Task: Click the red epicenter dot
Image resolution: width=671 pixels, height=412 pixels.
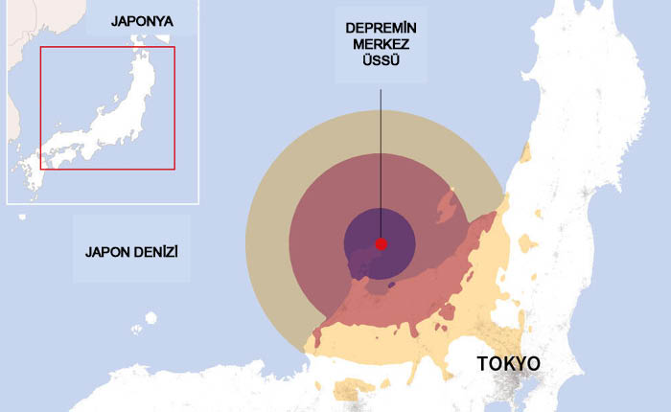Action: point(381,244)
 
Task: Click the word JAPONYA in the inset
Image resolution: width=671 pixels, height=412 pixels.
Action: point(142,20)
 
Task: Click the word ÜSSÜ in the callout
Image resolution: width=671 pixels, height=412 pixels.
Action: point(381,60)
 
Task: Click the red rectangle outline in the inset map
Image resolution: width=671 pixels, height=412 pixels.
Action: point(174,105)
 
